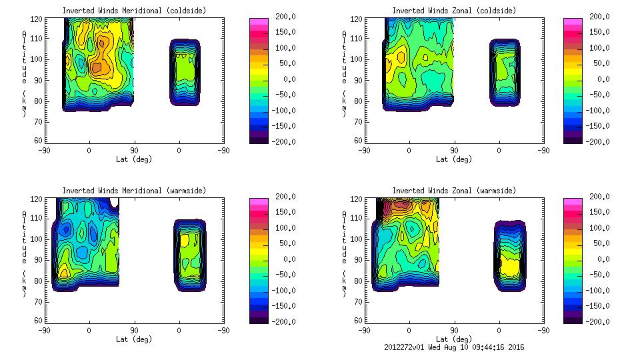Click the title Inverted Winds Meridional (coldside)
pos(134,11)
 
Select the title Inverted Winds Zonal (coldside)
pos(454,11)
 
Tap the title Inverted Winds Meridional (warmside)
pos(134,191)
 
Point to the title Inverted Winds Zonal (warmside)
pos(454,191)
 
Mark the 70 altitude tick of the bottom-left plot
pos(39,301)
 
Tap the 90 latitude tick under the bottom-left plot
pos(134,330)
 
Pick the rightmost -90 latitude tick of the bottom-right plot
pos(543,330)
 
